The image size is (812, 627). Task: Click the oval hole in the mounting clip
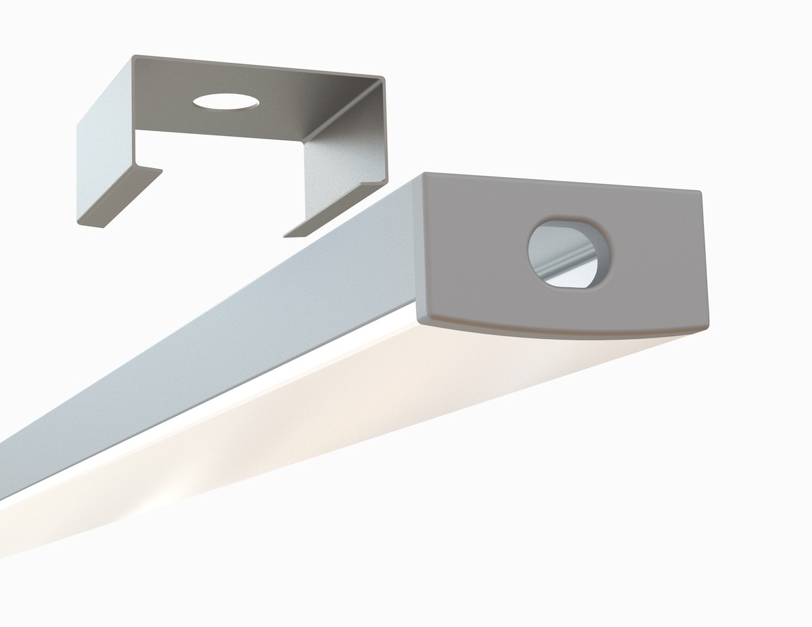coord(225,102)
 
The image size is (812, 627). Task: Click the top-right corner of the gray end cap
coord(700,192)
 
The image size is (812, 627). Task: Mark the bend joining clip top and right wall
coord(369,101)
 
